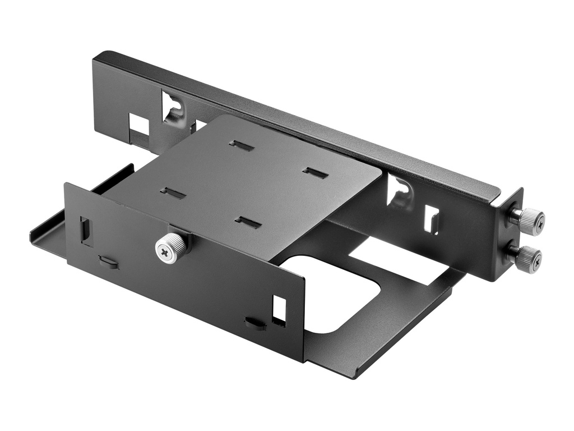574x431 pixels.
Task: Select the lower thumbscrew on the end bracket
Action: click(x=529, y=259)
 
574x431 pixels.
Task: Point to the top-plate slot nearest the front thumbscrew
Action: click(x=173, y=193)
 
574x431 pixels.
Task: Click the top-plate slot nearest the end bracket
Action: click(x=315, y=173)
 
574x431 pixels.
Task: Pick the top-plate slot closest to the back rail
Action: click(x=242, y=146)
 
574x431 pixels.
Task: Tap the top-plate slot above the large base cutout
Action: click(x=248, y=222)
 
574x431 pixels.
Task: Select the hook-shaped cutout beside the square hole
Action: click(x=173, y=107)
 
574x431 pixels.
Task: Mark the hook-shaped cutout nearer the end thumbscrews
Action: click(x=400, y=191)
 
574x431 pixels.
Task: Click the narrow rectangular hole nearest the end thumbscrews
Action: click(x=431, y=219)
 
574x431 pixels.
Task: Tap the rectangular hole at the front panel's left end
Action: click(x=86, y=231)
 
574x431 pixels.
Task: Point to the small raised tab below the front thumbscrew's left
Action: click(x=108, y=262)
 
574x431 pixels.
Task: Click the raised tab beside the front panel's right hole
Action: click(x=255, y=323)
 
